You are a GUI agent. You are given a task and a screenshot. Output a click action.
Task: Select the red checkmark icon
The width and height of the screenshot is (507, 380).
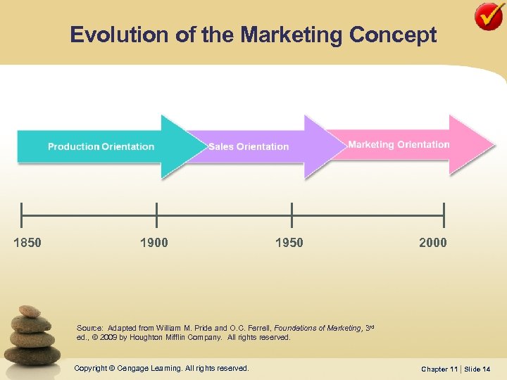point(489,16)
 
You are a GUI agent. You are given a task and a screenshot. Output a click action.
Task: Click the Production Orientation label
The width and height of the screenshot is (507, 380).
point(101,146)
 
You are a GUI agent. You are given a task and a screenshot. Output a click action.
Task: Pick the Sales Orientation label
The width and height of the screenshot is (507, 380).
point(249,146)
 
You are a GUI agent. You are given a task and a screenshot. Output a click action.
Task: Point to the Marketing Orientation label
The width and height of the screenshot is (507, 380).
point(399,144)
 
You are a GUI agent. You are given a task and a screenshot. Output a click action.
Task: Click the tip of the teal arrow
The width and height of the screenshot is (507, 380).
point(187,146)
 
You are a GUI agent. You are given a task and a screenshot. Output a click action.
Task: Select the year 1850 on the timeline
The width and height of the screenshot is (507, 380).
point(27,243)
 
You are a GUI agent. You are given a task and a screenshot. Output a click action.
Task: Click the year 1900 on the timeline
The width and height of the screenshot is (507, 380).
point(154,243)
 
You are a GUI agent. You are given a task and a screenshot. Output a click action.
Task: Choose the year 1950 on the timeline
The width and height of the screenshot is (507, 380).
point(289,243)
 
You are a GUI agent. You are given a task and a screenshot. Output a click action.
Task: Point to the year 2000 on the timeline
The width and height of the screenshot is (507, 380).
point(432,243)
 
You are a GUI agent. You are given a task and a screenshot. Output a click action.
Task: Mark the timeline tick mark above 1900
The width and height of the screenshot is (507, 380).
point(156,210)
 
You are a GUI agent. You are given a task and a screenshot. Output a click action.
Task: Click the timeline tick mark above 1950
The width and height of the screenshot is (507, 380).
point(292,210)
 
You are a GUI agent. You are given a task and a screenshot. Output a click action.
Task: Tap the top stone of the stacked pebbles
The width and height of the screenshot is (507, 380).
point(30,311)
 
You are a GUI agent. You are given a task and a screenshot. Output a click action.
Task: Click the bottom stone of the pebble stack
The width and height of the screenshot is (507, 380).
point(32,355)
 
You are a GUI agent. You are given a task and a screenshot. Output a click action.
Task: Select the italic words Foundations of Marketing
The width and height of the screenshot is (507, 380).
point(318,328)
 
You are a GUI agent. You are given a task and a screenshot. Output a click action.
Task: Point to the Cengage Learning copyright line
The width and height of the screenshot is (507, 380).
point(161,368)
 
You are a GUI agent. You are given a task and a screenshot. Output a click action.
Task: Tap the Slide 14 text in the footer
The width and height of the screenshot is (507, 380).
point(482,369)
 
